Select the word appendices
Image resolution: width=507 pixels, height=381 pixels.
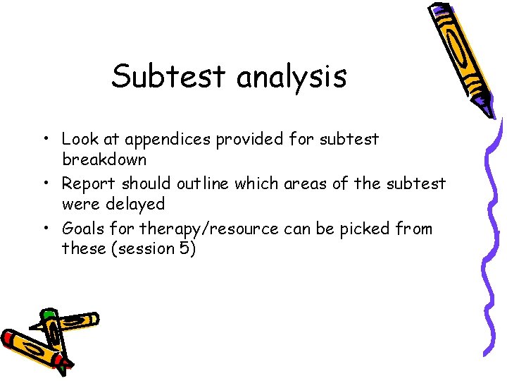click(x=170, y=140)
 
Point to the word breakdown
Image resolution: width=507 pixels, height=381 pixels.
click(x=104, y=159)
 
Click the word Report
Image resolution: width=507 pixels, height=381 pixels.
click(x=89, y=184)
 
